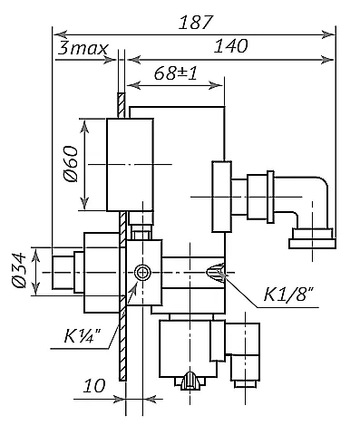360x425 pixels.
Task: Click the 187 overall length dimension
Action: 196,23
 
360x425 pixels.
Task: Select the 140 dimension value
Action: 230,46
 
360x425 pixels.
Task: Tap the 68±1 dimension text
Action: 176,72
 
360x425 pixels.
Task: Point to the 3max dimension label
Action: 83,48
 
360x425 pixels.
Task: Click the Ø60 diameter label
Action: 71,164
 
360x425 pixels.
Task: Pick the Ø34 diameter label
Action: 19,271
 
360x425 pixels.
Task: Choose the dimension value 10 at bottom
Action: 94,386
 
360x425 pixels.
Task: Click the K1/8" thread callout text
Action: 288,295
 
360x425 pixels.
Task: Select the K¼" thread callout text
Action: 83,335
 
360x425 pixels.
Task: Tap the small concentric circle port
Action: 141,273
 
